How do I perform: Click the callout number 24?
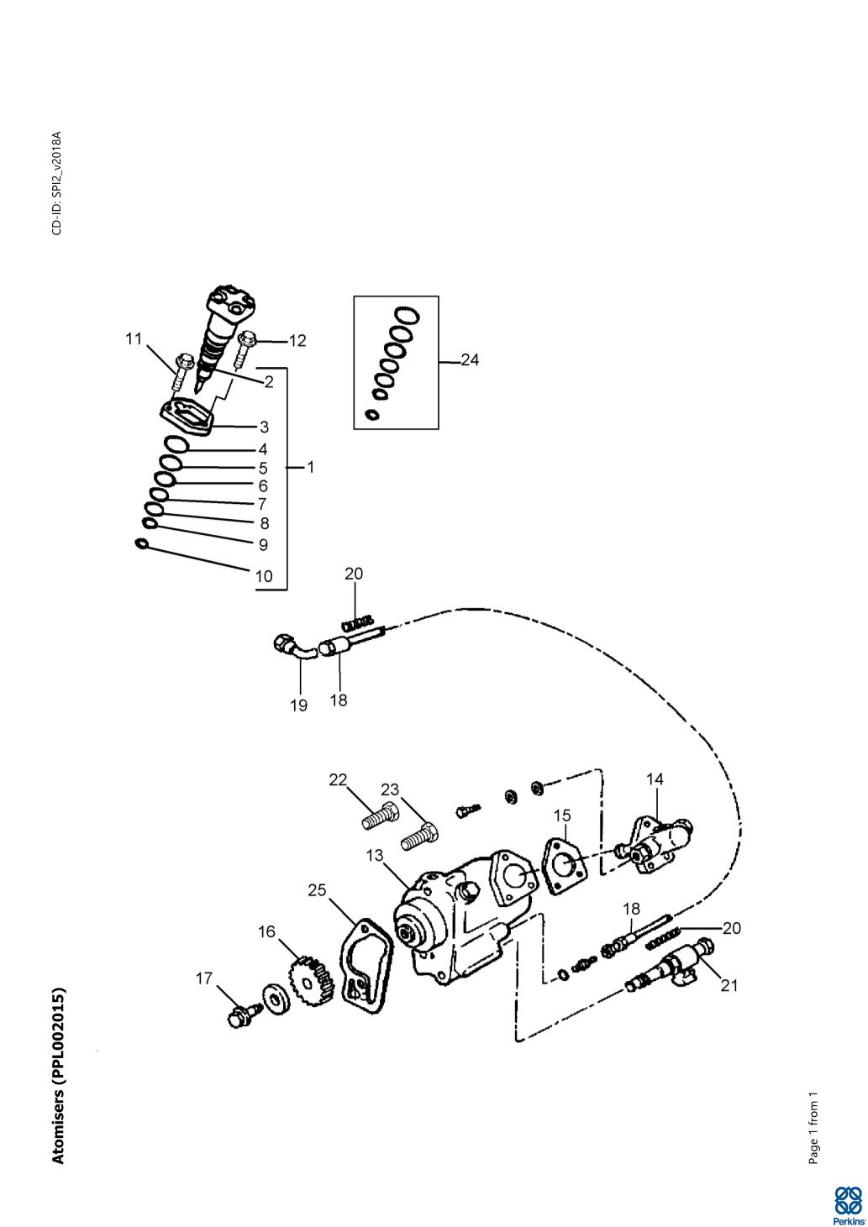[x=469, y=360]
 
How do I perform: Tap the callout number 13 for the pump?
[x=375, y=856]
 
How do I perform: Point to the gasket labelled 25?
[x=366, y=962]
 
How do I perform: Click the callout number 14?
[x=655, y=779]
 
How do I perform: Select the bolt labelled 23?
[x=420, y=836]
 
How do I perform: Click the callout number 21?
[x=729, y=986]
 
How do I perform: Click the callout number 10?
[x=264, y=576]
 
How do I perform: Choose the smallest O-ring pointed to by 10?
[x=141, y=544]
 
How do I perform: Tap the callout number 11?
[x=134, y=338]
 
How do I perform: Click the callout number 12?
[x=297, y=341]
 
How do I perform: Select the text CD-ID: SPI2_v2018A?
[x=56, y=182]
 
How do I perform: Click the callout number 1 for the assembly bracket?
[x=310, y=468]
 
